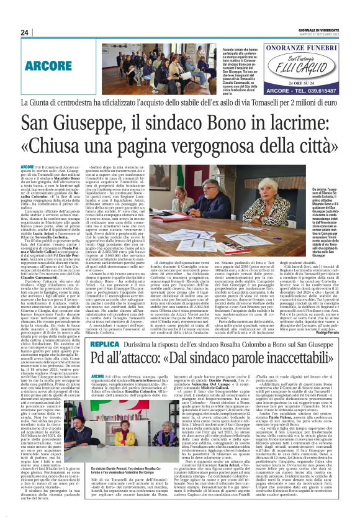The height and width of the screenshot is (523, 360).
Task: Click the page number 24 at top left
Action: point(25,33)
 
